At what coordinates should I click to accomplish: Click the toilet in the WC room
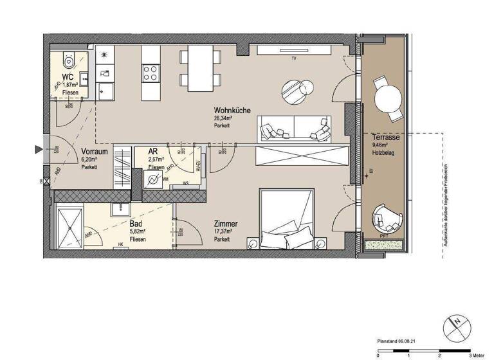[x=69, y=61]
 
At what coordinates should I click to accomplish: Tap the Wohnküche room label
[x=228, y=110]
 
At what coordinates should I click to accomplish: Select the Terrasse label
[x=386, y=138]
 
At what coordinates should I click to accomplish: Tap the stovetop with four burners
[x=151, y=73]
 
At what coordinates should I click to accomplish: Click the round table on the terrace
[x=389, y=98]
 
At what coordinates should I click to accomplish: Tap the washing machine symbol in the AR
[x=154, y=179]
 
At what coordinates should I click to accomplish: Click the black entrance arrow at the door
[x=39, y=150]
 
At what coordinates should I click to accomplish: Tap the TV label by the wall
[x=293, y=59]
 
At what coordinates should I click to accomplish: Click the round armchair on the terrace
[x=388, y=219]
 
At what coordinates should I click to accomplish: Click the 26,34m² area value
[x=223, y=118]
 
